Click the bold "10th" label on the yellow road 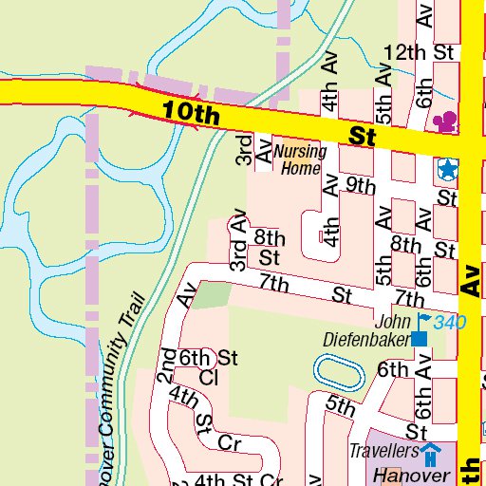coord(190,113)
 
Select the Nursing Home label coord(300,159)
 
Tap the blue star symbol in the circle coord(446,170)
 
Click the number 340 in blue coord(450,323)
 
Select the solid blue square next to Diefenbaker coord(419,338)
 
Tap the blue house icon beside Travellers coord(431,451)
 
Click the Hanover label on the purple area coord(409,474)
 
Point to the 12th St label coord(419,52)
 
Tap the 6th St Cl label coord(208,366)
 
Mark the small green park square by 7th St coord(215,294)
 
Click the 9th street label coord(361,185)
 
